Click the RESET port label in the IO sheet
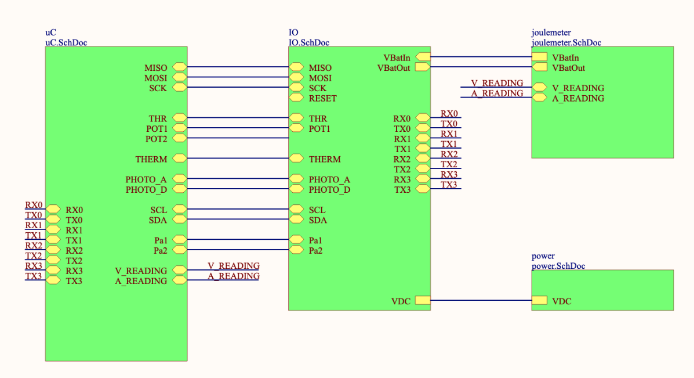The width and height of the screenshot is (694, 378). click(322, 98)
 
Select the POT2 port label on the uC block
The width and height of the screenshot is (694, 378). click(156, 139)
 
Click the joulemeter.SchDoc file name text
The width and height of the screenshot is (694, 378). click(566, 42)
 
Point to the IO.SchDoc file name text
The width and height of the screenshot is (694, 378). click(309, 42)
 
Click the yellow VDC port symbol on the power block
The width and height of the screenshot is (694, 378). click(539, 300)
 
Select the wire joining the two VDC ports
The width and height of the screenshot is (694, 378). click(481, 300)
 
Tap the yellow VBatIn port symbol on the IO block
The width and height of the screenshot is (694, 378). click(423, 57)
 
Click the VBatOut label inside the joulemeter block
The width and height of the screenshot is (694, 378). click(568, 68)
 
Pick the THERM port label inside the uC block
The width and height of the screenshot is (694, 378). click(151, 159)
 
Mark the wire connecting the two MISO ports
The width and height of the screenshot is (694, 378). click(238, 67)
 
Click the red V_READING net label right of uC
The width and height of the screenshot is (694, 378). click(234, 266)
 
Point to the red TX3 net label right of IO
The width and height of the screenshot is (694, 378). click(449, 185)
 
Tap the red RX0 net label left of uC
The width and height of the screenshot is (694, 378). click(34, 205)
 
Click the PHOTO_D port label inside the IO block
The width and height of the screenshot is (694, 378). click(329, 190)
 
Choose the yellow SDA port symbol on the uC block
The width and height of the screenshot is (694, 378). click(180, 219)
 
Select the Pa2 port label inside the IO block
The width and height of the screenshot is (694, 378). click(317, 251)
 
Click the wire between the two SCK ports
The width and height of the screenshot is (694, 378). click(238, 88)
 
